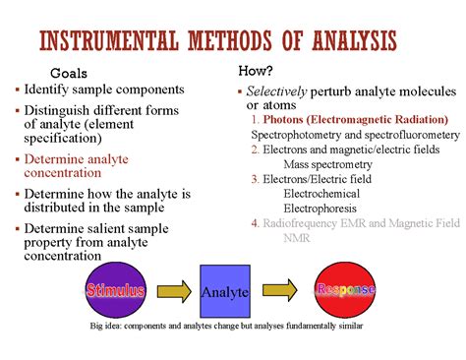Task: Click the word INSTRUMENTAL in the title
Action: tap(109, 40)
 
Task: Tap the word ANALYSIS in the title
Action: tap(354, 40)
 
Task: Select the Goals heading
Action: tap(69, 73)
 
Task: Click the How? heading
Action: tap(256, 71)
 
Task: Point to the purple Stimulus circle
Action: tap(115, 290)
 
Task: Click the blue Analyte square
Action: tap(225, 291)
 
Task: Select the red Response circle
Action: tap(345, 290)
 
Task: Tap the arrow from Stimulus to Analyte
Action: tap(174, 291)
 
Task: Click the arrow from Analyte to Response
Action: tap(279, 290)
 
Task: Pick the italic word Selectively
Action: tap(276, 91)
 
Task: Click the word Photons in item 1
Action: tap(283, 119)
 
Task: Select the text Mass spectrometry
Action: tap(327, 164)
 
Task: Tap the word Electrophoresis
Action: tap(320, 209)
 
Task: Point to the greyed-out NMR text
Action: tap(297, 238)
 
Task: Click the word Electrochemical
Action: tap(321, 194)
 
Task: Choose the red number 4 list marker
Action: tap(255, 223)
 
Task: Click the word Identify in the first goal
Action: tap(46, 90)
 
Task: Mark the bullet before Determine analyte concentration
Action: tap(18, 159)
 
